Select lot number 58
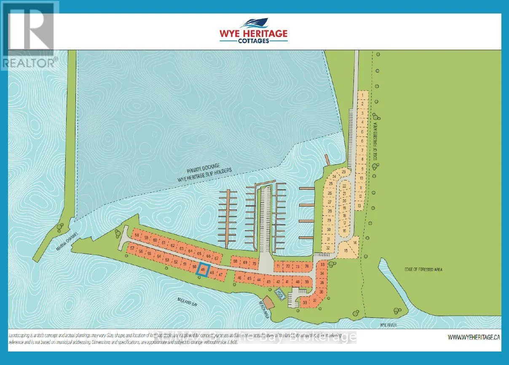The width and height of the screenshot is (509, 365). click(137, 235)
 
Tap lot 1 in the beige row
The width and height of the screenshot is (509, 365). click(362, 96)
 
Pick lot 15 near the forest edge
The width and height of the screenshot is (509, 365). click(346, 250)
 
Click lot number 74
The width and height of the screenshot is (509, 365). click(307, 266)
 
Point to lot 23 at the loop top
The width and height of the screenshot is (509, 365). click(343, 172)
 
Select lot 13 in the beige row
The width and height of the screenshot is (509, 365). click(359, 206)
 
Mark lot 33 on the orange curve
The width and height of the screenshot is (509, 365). click(322, 265)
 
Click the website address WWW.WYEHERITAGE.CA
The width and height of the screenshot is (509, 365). click(474, 337)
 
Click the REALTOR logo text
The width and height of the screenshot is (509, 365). click(29, 62)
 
